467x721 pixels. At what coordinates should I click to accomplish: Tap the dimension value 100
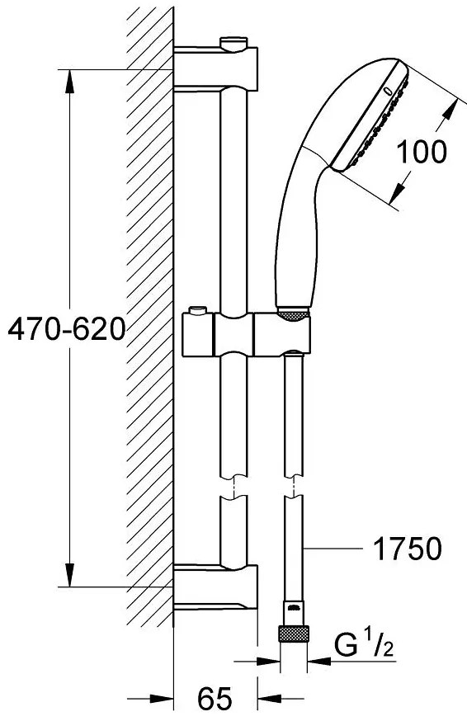(x=422, y=151)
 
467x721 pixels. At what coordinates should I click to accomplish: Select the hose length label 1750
(x=408, y=548)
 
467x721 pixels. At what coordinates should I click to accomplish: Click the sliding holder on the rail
(x=248, y=335)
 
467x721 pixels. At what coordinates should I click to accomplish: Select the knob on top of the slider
(x=199, y=312)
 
